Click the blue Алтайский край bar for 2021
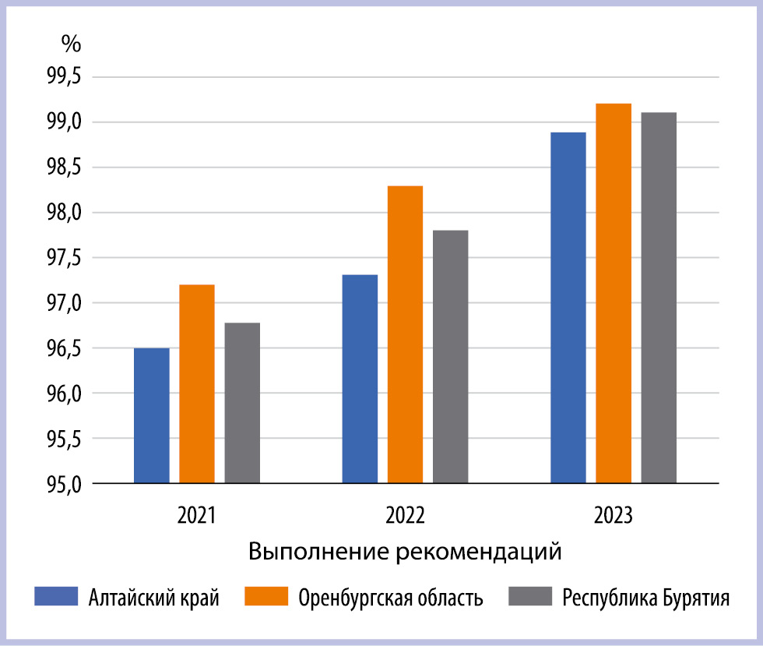[152, 415]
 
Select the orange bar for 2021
[197, 384]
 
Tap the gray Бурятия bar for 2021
[242, 403]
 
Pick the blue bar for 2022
[360, 379]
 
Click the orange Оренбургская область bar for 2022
[406, 335]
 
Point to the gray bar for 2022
[451, 357]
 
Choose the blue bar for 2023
[568, 308]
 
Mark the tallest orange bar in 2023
[614, 293]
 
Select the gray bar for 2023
[659, 298]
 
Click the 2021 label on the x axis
[196, 515]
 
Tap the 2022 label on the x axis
[405, 515]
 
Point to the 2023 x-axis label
[614, 515]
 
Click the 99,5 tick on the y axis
[64, 76]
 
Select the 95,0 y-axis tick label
[64, 484]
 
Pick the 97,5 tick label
[64, 258]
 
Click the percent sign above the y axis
[71, 44]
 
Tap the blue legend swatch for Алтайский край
[56, 596]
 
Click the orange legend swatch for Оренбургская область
[266, 596]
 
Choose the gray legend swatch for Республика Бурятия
[530, 596]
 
